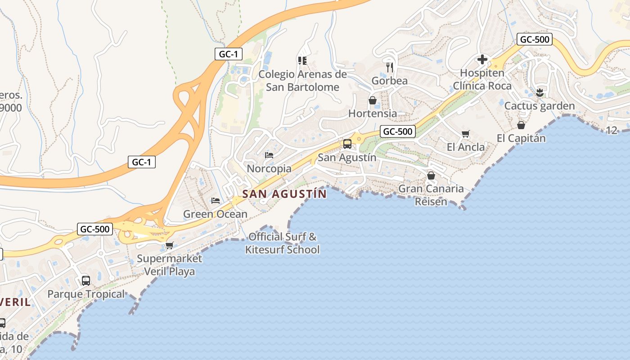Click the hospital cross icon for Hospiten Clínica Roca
482,59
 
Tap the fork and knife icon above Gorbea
390,67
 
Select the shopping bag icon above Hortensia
373,100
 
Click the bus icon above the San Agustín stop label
347,144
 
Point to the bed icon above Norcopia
269,155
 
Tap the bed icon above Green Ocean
216,200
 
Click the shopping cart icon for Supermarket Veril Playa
169,245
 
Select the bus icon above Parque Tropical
85,281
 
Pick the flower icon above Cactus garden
539,93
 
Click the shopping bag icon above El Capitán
521,125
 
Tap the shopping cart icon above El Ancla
465,134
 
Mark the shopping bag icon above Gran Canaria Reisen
431,175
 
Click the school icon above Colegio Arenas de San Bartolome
302,60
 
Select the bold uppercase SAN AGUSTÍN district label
284,194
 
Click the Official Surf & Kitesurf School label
282,243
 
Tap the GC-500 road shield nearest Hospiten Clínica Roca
534,39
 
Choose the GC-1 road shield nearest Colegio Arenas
228,54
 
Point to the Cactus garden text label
539,106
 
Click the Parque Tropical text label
86,294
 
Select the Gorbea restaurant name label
389,81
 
